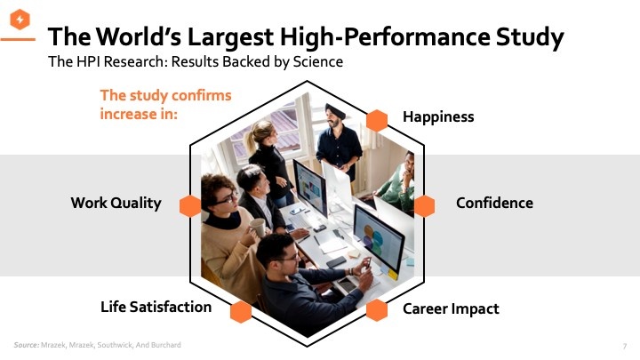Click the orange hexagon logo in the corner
click(20, 20)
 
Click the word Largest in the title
click(230, 36)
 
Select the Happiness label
click(438, 116)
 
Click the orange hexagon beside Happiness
click(377, 120)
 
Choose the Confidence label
click(494, 203)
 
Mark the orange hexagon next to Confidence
click(425, 205)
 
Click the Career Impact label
click(451, 309)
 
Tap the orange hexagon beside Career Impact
click(377, 310)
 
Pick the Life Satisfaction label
click(156, 307)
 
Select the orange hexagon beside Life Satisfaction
click(241, 312)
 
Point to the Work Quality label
click(116, 203)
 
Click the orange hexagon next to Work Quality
click(190, 205)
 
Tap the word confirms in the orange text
click(201, 95)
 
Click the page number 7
click(625, 347)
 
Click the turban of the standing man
click(335, 110)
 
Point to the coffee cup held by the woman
click(258, 227)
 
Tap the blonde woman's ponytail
click(250, 141)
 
